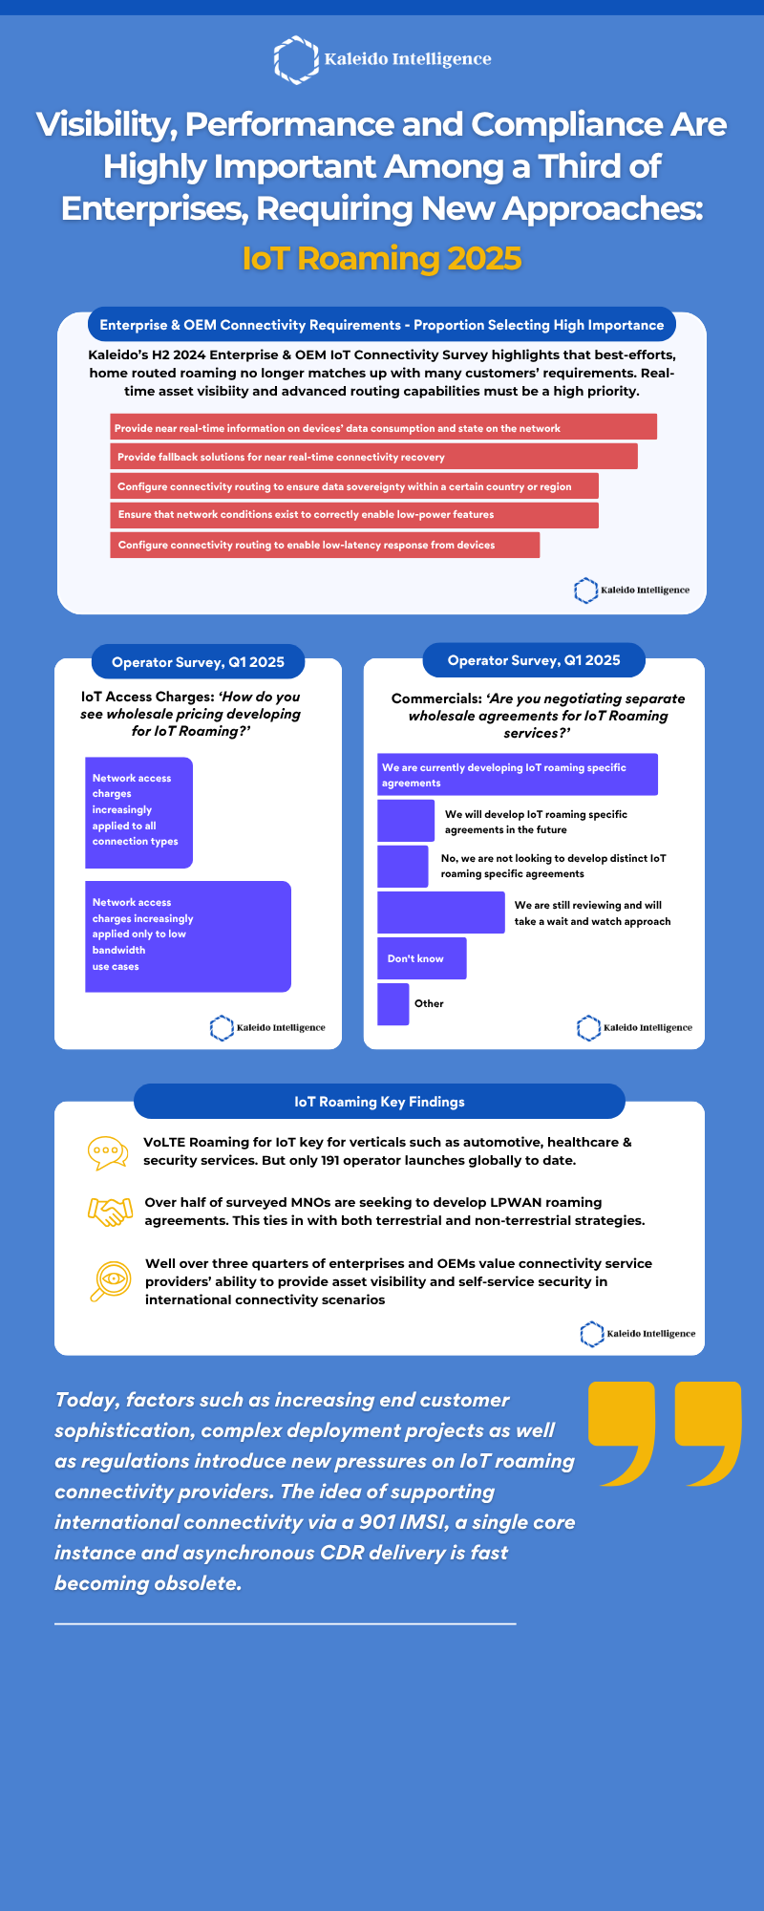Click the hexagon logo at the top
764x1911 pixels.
point(296,59)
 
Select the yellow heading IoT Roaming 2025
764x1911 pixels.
point(382,258)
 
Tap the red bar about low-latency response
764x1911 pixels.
point(325,545)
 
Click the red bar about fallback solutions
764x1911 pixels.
point(373,457)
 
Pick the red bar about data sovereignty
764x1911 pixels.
point(354,486)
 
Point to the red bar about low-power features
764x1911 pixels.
point(354,515)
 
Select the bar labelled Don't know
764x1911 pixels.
point(422,958)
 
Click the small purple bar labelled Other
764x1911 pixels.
point(393,1004)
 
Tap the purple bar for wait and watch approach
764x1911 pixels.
point(441,913)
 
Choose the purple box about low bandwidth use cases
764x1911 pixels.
point(188,936)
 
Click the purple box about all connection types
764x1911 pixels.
point(139,813)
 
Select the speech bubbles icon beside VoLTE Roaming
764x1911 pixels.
point(108,1153)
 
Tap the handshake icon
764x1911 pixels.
point(110,1212)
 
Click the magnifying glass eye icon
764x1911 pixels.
point(110,1281)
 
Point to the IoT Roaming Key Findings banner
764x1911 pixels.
point(379,1102)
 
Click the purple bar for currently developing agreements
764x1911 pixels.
point(518,775)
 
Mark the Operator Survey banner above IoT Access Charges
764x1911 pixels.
point(198,662)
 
